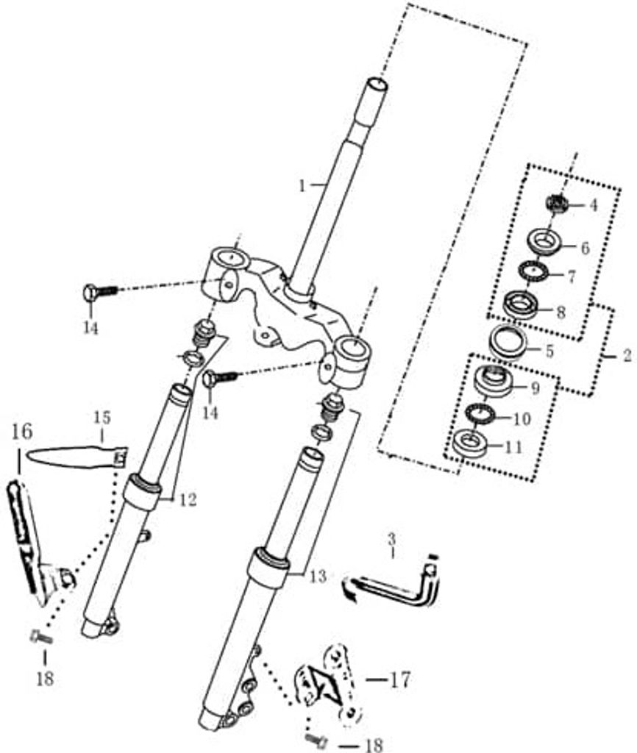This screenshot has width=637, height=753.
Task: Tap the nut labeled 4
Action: [558, 204]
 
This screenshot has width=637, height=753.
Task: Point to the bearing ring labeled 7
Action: [533, 272]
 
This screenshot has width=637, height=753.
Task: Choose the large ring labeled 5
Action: [508, 341]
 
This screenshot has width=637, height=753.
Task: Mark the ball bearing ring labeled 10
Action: [480, 413]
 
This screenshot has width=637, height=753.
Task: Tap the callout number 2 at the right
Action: [627, 356]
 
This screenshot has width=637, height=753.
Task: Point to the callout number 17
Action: [401, 680]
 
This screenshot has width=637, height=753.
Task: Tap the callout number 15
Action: [102, 418]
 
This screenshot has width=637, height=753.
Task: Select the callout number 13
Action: [318, 576]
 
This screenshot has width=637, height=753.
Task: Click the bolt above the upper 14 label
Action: [100, 292]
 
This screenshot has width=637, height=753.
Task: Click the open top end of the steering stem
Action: [377, 85]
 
